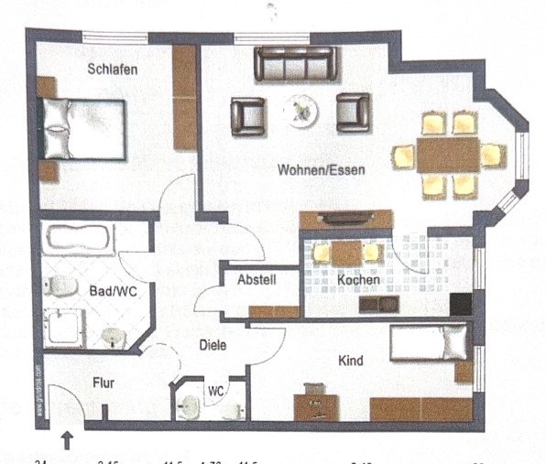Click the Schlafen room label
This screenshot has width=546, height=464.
click(x=113, y=70)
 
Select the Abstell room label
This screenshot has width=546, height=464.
click(x=257, y=281)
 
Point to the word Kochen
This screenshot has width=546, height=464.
click(x=354, y=279)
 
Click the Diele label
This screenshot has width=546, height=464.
click(x=213, y=345)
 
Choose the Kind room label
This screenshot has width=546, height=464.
click(x=350, y=361)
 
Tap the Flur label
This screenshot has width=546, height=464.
click(x=103, y=383)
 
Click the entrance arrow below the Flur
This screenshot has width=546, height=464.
click(x=68, y=441)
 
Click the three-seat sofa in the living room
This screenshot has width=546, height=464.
click(x=296, y=64)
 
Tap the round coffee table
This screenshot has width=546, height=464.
click(x=300, y=112)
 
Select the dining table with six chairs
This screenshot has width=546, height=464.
click(x=448, y=154)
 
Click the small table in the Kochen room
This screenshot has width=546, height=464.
click(x=346, y=253)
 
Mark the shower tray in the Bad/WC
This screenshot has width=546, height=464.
click(x=64, y=327)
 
